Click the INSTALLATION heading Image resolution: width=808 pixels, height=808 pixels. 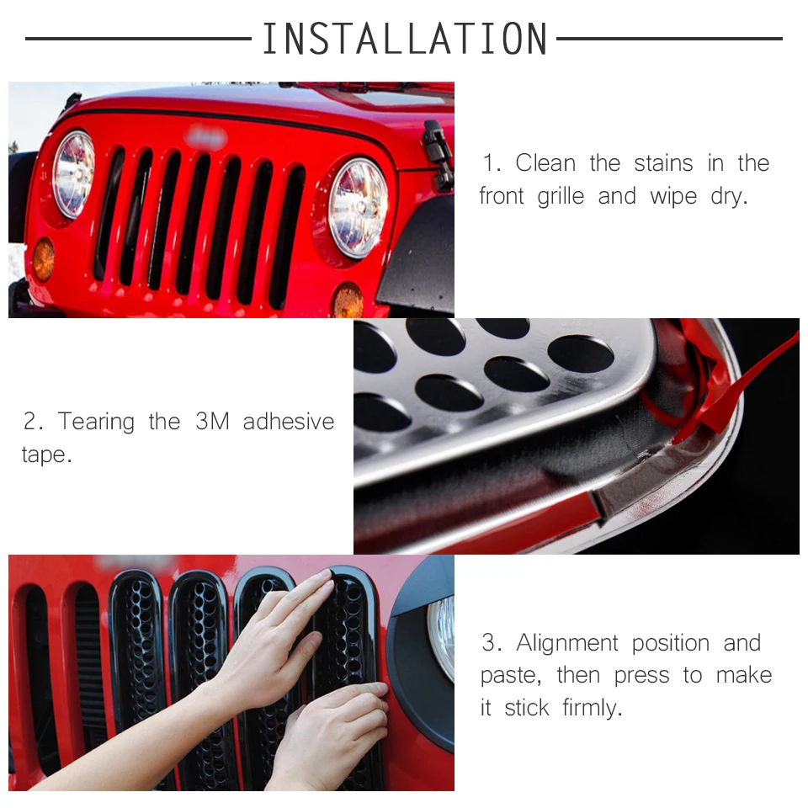pyautogui.click(x=405, y=39)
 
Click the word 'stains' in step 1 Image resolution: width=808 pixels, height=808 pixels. pyautogui.click(x=663, y=163)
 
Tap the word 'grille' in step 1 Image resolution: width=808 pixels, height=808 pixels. pyautogui.click(x=561, y=197)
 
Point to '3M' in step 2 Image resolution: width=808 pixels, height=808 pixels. pyautogui.click(x=212, y=422)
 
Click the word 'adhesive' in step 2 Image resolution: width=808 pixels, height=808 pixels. pyautogui.click(x=289, y=422)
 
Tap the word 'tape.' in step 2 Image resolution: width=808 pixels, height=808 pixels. pyautogui.click(x=47, y=454)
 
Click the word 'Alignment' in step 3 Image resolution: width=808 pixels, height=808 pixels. pyautogui.click(x=566, y=643)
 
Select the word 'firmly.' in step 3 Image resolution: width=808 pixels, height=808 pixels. pyautogui.click(x=592, y=708)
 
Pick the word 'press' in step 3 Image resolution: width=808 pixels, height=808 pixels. pyautogui.click(x=641, y=676)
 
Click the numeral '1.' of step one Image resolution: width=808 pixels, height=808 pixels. pyautogui.click(x=492, y=163)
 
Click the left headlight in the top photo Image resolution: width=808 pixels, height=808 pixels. pyautogui.click(x=74, y=173)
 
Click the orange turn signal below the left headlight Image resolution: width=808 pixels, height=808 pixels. pyautogui.click(x=43, y=259)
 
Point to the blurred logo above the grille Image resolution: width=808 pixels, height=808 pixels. pyautogui.click(x=207, y=137)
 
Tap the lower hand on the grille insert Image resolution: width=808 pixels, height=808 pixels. pyautogui.click(x=330, y=737)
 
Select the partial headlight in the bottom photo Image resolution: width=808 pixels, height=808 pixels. pyautogui.click(x=442, y=636)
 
